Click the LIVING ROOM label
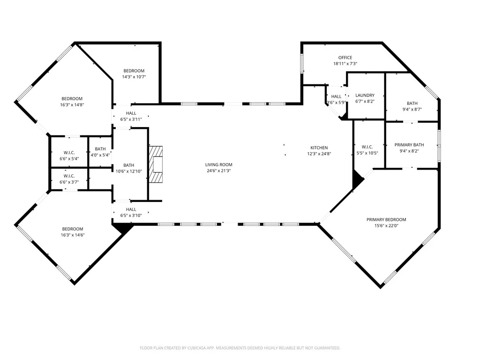pyautogui.click(x=218, y=165)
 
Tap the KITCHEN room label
pyautogui.click(x=319, y=148)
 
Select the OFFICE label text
pyautogui.click(x=345, y=58)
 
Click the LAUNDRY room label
pyautogui.click(x=365, y=95)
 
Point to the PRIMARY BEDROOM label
pyautogui.click(x=386, y=219)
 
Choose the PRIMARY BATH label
pyautogui.click(x=409, y=145)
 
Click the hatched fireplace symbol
pyautogui.click(x=156, y=165)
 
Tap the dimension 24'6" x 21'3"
pyautogui.click(x=218, y=171)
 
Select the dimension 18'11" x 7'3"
pyautogui.click(x=345, y=64)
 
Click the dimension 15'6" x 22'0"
pyautogui.click(x=386, y=225)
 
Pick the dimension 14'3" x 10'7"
pyautogui.click(x=134, y=77)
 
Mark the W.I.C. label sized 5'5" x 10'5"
pyautogui.click(x=367, y=147)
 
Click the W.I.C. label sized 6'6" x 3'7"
pyautogui.click(x=69, y=176)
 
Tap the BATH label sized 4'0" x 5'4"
pyautogui.click(x=100, y=149)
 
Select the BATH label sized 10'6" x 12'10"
pyautogui.click(x=128, y=165)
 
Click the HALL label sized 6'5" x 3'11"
pyautogui.click(x=131, y=113)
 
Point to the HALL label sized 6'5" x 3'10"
pyautogui.click(x=131, y=210)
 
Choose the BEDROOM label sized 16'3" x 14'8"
pyautogui.click(x=72, y=98)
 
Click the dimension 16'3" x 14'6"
pyautogui.click(x=73, y=235)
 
